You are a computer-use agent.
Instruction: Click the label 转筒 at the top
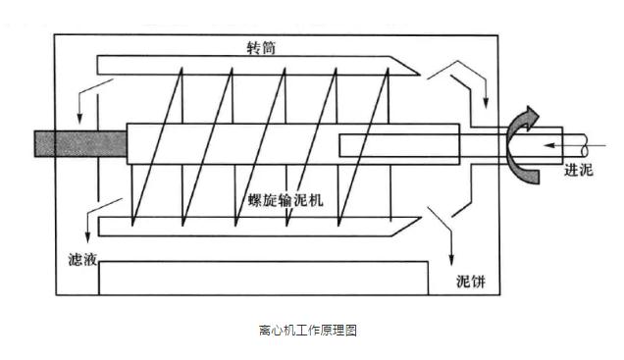tap(261, 48)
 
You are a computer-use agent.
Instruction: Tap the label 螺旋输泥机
tap(286, 200)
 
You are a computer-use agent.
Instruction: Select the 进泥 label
tap(579, 170)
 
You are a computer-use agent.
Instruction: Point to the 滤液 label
tap(82, 260)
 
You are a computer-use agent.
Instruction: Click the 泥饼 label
tap(471, 282)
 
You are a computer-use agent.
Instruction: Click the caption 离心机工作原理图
tap(308, 330)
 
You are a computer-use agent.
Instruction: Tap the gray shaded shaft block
tap(80, 143)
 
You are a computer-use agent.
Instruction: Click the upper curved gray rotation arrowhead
tap(531, 117)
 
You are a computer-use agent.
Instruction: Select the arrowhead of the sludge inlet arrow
tap(549, 145)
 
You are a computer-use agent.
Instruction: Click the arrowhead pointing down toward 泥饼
tap(451, 260)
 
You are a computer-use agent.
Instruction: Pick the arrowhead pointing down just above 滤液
tap(87, 237)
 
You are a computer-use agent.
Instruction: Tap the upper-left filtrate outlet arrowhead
tap(79, 118)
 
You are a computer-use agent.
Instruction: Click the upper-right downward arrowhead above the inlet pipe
tap(486, 103)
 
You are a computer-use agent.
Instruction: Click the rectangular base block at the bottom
tap(264, 278)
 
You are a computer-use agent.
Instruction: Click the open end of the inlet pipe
tap(585, 145)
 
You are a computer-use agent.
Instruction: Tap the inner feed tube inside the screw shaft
tap(399, 145)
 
